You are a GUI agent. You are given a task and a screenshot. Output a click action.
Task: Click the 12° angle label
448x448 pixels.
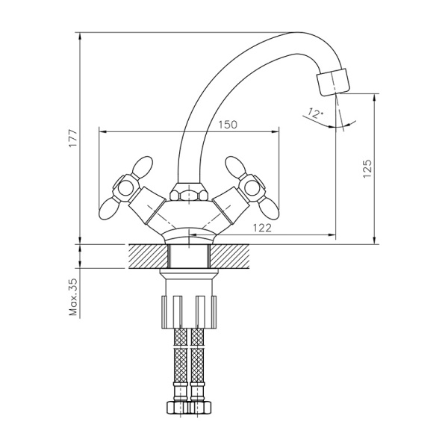(315, 114)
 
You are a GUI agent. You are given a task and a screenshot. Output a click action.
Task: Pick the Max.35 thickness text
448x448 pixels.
(72, 296)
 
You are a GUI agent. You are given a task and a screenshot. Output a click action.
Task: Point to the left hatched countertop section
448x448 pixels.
(148, 256)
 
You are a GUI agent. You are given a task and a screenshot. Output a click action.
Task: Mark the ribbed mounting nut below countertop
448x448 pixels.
(189, 310)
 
